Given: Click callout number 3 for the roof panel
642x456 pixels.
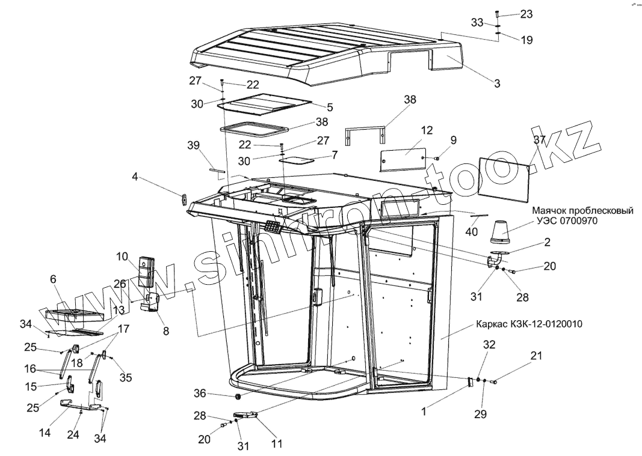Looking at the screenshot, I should click(x=497, y=84).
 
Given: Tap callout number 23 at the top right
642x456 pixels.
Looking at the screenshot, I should click(x=526, y=14).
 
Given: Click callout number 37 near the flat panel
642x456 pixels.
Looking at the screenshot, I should click(x=539, y=139).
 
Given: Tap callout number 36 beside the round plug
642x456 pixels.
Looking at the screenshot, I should click(x=200, y=394).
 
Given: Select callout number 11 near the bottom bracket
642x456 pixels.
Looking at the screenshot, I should click(x=277, y=445).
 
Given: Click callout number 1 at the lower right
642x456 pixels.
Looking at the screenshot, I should click(x=424, y=412).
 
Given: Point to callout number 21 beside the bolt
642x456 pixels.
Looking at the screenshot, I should click(x=536, y=356).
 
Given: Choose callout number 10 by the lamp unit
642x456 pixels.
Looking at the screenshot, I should click(x=123, y=257).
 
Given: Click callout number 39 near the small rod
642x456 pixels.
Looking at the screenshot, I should click(x=193, y=146).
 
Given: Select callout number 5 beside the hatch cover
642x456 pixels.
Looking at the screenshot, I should click(x=330, y=108).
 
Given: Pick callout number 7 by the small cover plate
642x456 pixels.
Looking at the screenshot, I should click(x=335, y=154).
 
